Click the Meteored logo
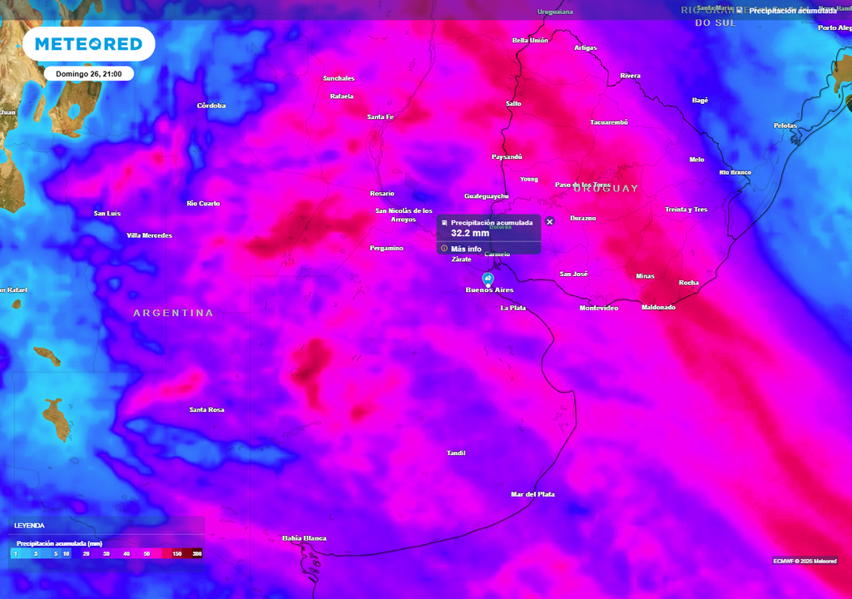click(x=88, y=44)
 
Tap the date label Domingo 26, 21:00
click(x=88, y=74)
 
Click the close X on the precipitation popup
click(x=549, y=222)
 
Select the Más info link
click(x=466, y=249)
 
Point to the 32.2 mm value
click(x=469, y=234)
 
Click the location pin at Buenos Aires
click(x=488, y=279)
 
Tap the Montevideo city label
click(x=599, y=309)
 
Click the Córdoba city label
click(x=211, y=106)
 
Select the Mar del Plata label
click(x=532, y=494)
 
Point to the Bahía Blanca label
click(x=304, y=538)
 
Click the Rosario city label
click(x=382, y=194)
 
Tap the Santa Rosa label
click(x=206, y=410)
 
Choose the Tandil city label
click(x=456, y=453)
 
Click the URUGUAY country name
click(x=605, y=189)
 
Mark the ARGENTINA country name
click(x=173, y=313)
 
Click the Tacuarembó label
click(x=609, y=122)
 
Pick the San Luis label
click(x=106, y=214)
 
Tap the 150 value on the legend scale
click(x=177, y=553)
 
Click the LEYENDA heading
click(x=29, y=526)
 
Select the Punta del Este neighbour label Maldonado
click(x=658, y=308)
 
